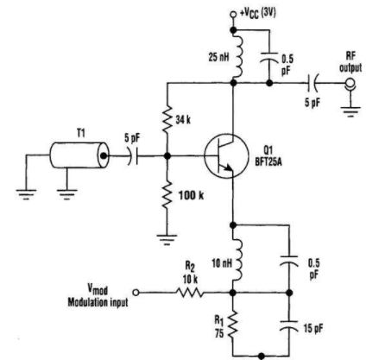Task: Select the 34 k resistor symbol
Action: click(167, 118)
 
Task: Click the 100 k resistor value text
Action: click(191, 196)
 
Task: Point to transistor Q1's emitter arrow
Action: click(228, 167)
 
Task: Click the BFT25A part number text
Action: click(268, 162)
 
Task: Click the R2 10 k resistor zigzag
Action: click(190, 293)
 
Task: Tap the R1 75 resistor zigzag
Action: click(233, 324)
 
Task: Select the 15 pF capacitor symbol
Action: click(289, 325)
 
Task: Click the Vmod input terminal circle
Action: click(136, 293)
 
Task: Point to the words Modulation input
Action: click(98, 302)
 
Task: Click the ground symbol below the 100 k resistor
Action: click(167, 239)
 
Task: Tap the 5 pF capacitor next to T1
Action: click(133, 156)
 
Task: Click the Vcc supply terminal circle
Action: click(233, 15)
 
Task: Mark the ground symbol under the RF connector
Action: click(350, 111)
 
